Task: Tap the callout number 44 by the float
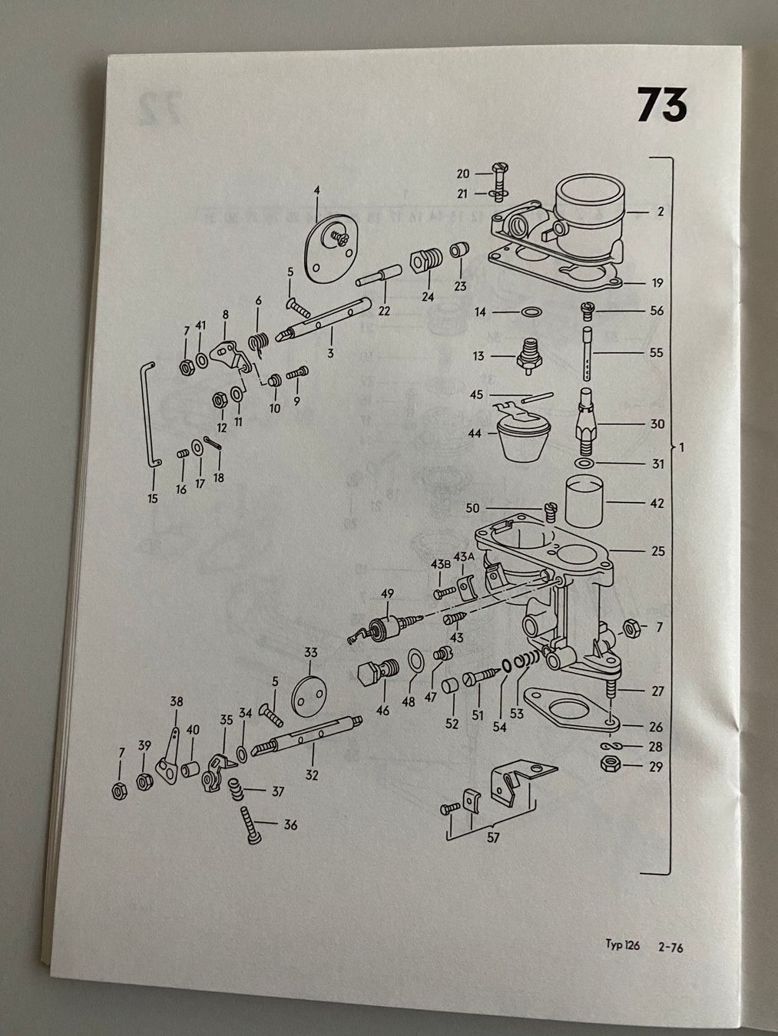475,434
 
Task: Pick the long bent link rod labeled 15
148,414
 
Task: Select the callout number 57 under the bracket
493,837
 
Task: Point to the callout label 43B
440,564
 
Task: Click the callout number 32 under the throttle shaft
311,775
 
